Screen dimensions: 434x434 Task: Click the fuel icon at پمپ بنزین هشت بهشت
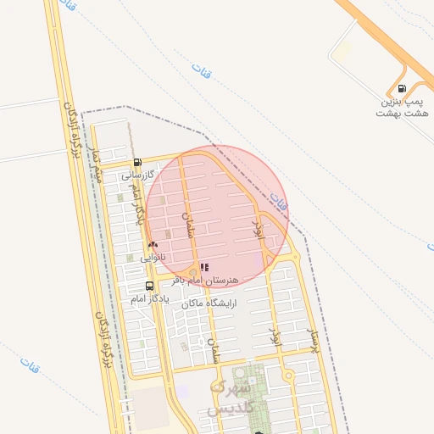click(401, 87)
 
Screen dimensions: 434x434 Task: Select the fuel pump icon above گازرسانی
click(137, 163)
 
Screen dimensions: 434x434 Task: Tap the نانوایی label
click(153, 256)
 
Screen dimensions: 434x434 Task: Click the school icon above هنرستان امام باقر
click(204, 267)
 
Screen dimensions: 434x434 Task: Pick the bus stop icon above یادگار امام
click(150, 286)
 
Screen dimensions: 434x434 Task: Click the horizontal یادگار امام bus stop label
click(150, 298)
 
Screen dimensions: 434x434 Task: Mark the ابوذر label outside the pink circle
click(274, 333)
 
